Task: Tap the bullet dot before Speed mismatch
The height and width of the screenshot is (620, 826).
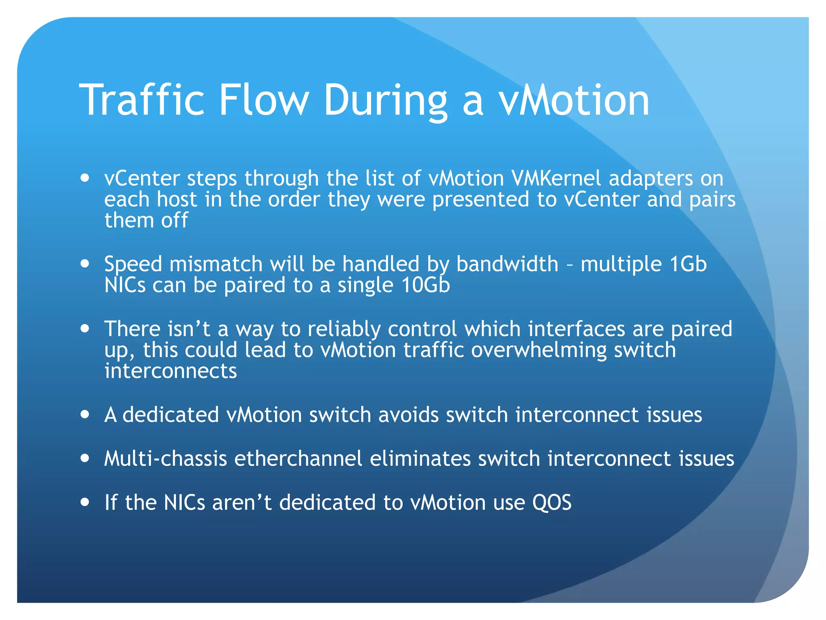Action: (85, 264)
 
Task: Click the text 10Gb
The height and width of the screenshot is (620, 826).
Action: (426, 285)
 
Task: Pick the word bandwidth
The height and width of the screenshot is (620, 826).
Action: (507, 264)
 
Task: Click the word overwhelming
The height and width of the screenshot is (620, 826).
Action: (539, 350)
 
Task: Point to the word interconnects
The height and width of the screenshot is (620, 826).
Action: (171, 371)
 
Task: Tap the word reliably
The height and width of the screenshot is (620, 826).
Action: (344, 329)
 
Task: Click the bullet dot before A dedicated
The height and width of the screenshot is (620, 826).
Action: (85, 415)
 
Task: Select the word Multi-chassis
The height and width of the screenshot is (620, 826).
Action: (165, 459)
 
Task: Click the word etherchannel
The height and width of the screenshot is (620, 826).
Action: (298, 459)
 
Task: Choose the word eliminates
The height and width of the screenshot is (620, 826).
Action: (420, 459)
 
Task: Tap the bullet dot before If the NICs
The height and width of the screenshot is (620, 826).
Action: (85, 502)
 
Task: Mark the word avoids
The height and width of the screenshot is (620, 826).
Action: (408, 415)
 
